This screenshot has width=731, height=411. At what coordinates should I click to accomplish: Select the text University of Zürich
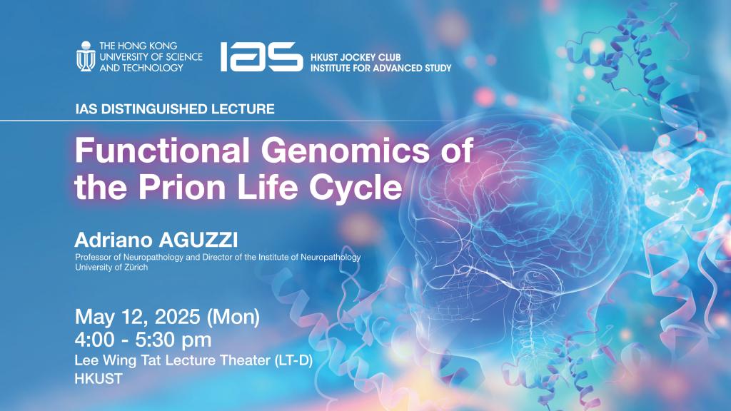pyautogui.click(x=111, y=267)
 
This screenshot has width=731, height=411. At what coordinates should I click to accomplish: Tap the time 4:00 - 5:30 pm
pyautogui.click(x=143, y=340)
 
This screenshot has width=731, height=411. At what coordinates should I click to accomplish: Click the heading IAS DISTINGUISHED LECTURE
pyautogui.click(x=175, y=109)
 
